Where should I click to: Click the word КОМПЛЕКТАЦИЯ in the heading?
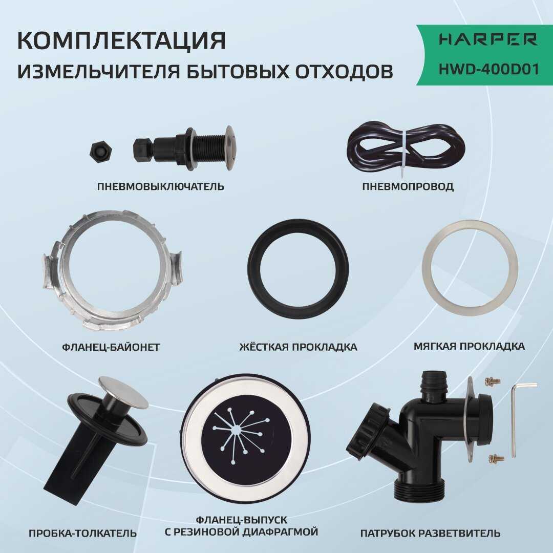pos(121,41)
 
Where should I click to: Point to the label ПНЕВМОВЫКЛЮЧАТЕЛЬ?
pos(160,186)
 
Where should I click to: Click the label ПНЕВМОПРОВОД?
pos(408,186)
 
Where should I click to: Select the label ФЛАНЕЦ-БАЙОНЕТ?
pos(111,347)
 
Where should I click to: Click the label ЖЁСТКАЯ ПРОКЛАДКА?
pos(298,347)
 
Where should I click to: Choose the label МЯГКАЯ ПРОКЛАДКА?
pos(469,347)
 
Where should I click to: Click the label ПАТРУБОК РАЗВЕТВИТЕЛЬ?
pos(430,534)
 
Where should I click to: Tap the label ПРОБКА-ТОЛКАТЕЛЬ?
pos(82,534)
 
